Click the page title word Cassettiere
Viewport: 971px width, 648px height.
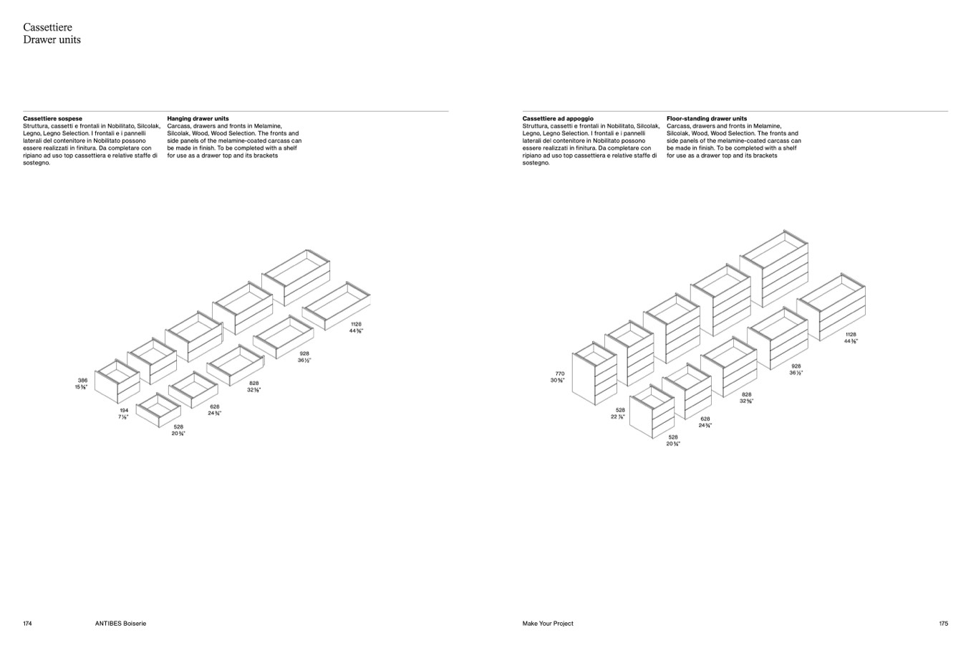tap(48, 27)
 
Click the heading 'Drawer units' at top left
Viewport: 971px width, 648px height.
tap(52, 39)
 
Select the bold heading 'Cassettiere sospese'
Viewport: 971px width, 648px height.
tap(52, 118)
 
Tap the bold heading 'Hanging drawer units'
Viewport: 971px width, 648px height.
tap(198, 118)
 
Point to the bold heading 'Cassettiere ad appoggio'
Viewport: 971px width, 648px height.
tap(558, 118)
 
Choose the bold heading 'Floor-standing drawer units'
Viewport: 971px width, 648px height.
tap(707, 118)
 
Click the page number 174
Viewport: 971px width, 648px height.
tap(27, 623)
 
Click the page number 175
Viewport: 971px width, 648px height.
tap(944, 623)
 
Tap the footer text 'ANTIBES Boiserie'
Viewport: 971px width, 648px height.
tap(120, 623)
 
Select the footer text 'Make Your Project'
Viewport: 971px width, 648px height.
tap(548, 623)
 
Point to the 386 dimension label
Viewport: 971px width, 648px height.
tap(82, 380)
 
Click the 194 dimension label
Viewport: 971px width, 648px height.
tap(124, 410)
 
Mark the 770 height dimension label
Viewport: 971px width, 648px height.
tap(560, 373)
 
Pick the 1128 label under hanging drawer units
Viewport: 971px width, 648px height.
tap(357, 324)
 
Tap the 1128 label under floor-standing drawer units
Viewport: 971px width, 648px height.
tap(851, 334)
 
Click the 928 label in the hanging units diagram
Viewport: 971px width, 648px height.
tap(304, 353)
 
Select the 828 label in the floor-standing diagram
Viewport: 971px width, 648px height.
tap(746, 394)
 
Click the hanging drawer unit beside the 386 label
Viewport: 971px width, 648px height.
tap(117, 381)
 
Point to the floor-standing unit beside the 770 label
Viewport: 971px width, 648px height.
tap(594, 373)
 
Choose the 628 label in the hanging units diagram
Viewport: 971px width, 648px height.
tap(215, 406)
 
